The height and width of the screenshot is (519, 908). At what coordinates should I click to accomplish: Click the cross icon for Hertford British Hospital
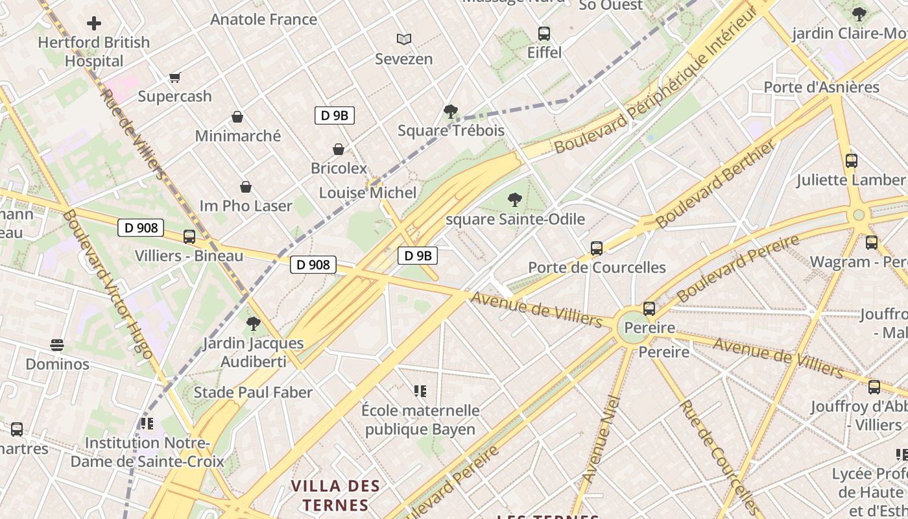tap(94, 23)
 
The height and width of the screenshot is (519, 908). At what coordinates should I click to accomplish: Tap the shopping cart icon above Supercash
tap(174, 78)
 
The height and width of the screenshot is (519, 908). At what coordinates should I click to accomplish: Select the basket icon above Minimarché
tap(237, 117)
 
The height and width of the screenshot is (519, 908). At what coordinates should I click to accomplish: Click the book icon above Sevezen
tap(404, 40)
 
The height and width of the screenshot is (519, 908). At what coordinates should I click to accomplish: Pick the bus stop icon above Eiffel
tap(544, 33)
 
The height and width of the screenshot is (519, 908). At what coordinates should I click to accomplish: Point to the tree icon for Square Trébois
tap(450, 112)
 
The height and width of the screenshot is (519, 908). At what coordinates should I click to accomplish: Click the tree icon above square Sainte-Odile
tap(515, 199)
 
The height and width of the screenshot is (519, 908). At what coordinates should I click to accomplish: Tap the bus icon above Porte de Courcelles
tap(597, 248)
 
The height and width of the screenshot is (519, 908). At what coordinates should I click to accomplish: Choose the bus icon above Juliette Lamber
tap(852, 160)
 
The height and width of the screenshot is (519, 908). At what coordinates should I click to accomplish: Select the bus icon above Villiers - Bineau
tap(189, 237)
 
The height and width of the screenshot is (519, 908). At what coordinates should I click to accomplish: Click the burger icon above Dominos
tap(57, 344)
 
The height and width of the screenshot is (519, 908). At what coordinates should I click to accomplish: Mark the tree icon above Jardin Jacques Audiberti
tap(253, 323)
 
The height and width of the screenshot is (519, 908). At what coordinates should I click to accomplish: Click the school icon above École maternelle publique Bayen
tap(420, 391)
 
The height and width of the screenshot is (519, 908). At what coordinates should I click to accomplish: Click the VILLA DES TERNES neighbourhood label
tap(335, 494)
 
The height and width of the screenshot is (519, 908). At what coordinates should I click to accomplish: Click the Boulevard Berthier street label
tap(715, 184)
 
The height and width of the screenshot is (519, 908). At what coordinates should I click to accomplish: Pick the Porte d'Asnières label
tap(821, 87)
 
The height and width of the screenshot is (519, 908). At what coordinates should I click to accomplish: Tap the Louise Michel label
tap(368, 193)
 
